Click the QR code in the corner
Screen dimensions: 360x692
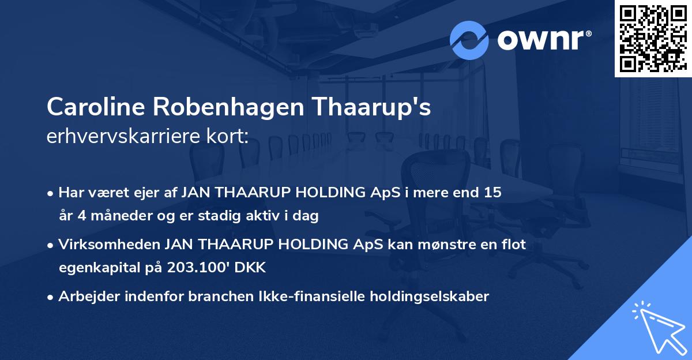tap(653, 38)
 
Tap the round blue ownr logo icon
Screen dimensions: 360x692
tap(469, 40)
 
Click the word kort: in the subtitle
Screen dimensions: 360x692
tap(228, 137)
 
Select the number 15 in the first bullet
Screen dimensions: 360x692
tap(492, 193)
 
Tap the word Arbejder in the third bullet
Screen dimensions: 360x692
tap(85, 297)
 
